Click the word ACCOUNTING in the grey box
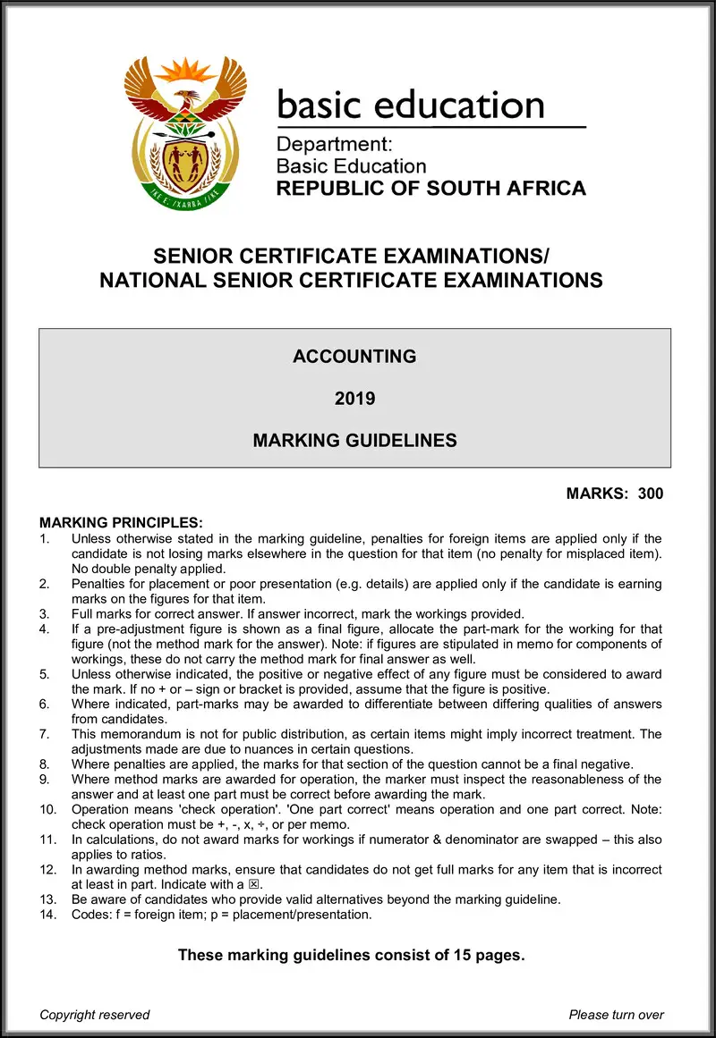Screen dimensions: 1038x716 point(354,357)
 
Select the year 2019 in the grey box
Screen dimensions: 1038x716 point(354,399)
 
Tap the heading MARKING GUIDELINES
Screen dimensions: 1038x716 point(354,441)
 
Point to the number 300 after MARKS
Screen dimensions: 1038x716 point(651,494)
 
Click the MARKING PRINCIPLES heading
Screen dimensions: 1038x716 point(122,522)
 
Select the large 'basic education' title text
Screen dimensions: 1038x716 point(411,105)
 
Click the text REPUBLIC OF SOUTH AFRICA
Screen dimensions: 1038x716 point(430,189)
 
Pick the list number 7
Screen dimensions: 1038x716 point(45,734)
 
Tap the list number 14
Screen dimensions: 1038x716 point(47,915)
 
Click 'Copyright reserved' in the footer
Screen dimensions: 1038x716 point(95,1014)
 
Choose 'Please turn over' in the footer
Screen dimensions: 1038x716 point(616,1014)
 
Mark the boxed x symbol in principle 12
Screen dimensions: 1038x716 point(262,884)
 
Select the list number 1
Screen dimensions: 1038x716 point(45,538)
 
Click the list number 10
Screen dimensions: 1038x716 point(47,809)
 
